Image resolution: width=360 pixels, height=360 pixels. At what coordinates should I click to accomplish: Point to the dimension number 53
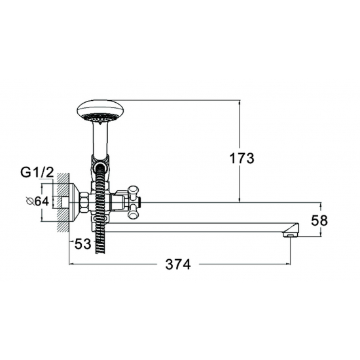[82, 244]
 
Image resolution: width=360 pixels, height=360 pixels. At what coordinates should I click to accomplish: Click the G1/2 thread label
[36, 173]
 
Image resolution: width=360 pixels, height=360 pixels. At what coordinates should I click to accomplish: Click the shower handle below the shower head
[99, 141]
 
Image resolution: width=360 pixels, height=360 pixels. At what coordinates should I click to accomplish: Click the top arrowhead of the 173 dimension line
[240, 103]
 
